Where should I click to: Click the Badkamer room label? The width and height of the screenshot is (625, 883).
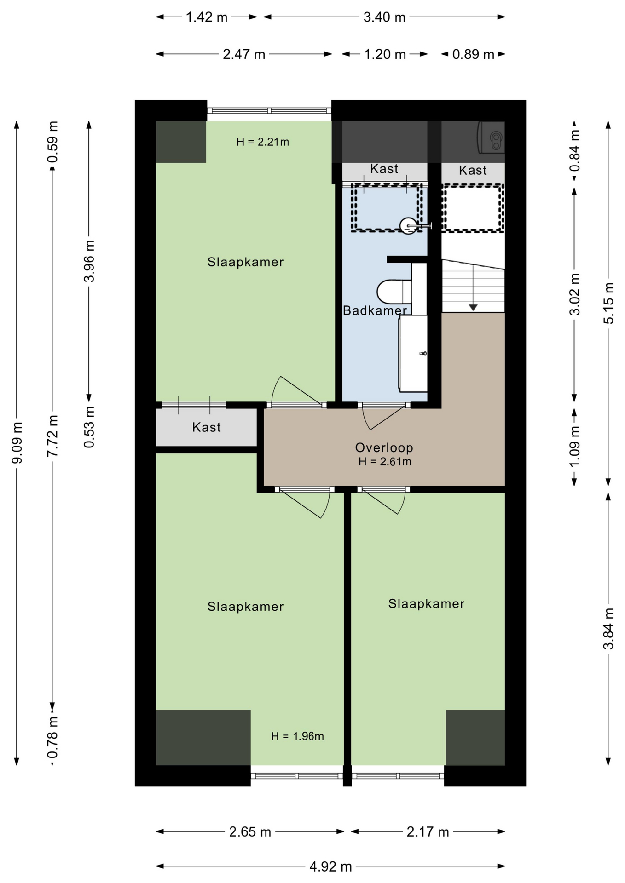pyautogui.click(x=375, y=310)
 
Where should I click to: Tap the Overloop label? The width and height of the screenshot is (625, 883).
pyautogui.click(x=384, y=447)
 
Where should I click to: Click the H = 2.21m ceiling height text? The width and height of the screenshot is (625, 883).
pyautogui.click(x=262, y=142)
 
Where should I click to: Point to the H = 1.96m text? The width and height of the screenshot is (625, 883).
pyautogui.click(x=297, y=736)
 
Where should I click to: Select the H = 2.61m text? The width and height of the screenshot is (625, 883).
pyautogui.click(x=385, y=462)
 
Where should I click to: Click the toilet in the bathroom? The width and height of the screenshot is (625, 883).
pyautogui.click(x=394, y=291)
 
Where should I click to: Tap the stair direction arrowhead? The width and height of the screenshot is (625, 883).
pyautogui.click(x=473, y=307)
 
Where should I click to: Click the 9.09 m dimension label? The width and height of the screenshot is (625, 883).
pyautogui.click(x=17, y=443)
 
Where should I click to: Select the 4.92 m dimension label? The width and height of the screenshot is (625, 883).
pyautogui.click(x=330, y=867)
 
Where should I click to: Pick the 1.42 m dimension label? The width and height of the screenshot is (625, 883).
pyautogui.click(x=207, y=17)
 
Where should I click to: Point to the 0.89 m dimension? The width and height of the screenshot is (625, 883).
pyautogui.click(x=473, y=54)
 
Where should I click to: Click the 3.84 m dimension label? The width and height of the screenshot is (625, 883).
pyautogui.click(x=608, y=629)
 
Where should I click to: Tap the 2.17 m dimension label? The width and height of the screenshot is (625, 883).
pyautogui.click(x=428, y=831)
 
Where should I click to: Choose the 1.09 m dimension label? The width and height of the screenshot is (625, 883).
pyautogui.click(x=574, y=446)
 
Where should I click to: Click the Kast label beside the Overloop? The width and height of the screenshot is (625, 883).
pyautogui.click(x=207, y=427)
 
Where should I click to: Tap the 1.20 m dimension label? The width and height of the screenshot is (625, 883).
pyautogui.click(x=385, y=54)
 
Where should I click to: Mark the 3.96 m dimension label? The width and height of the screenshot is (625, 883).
pyautogui.click(x=89, y=261)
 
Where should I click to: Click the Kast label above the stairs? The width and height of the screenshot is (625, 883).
pyautogui.click(x=473, y=171)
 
